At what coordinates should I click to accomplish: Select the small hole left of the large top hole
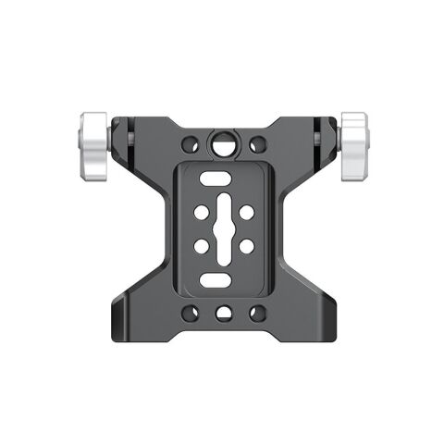[x=190, y=145]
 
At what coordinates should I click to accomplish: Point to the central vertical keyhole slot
[x=223, y=228]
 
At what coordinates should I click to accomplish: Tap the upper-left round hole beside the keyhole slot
[x=200, y=212]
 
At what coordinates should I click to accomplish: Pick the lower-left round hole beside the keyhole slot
[x=200, y=246]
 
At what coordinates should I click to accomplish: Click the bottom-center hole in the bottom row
[x=224, y=313]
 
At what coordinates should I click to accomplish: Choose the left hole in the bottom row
[x=190, y=313]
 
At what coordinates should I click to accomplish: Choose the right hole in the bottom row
[x=258, y=313]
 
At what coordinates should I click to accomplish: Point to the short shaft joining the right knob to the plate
[x=334, y=141]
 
